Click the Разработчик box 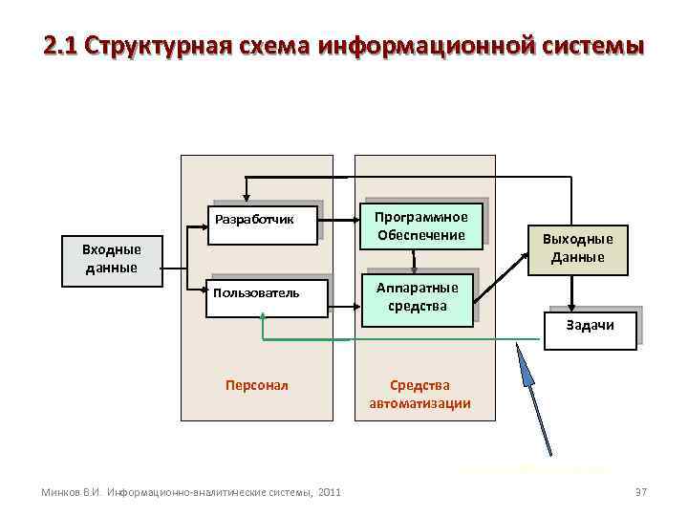[265, 222]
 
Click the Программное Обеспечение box [420, 226]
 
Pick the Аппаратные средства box [417, 298]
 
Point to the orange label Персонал [256, 385]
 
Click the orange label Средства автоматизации [419, 394]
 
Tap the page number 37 [640, 491]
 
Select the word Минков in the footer [58, 492]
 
